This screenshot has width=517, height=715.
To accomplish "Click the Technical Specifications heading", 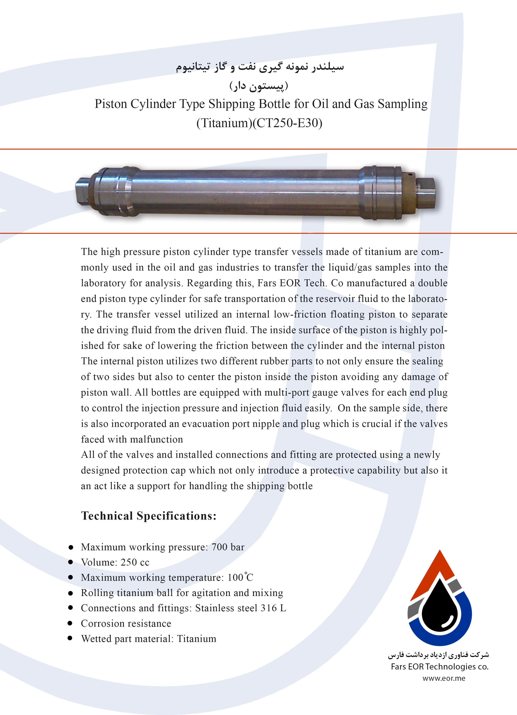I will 149,516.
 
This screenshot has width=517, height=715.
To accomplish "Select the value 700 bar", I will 228,547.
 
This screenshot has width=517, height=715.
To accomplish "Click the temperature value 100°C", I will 240,577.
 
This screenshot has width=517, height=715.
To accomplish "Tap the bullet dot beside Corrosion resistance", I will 70,623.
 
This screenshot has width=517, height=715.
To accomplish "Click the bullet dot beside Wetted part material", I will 70,638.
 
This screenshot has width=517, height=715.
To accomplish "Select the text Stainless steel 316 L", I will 241,608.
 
